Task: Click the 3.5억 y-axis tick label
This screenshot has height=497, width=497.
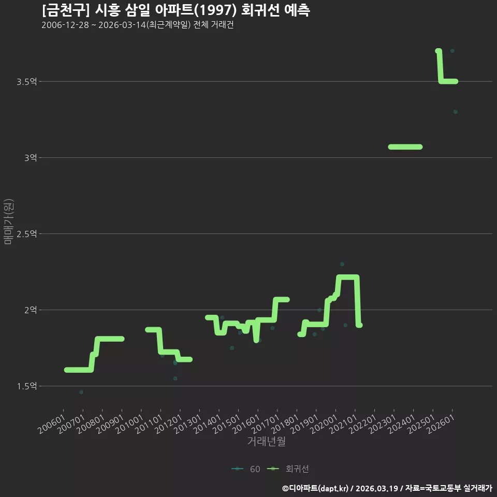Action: click(x=26, y=82)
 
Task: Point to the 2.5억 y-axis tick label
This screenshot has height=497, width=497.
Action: click(x=26, y=234)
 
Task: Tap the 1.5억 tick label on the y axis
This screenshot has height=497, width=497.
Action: click(x=26, y=386)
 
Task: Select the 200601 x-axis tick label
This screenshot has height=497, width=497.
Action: click(x=52, y=425)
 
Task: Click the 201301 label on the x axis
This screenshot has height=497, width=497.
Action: click(x=188, y=425)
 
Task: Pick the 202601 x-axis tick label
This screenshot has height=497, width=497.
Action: click(x=441, y=425)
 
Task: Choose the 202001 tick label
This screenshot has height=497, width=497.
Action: click(x=324, y=425)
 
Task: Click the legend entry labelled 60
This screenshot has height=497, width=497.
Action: click(x=246, y=469)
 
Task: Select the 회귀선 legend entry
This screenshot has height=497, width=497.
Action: click(x=288, y=469)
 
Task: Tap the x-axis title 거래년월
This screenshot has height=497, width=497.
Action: click(x=266, y=441)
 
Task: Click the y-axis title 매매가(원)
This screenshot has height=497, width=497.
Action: click(x=8, y=222)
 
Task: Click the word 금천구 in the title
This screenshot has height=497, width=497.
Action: click(x=66, y=10)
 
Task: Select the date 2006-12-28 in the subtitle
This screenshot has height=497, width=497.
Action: click(x=65, y=25)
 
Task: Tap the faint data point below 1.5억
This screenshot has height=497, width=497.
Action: click(x=81, y=392)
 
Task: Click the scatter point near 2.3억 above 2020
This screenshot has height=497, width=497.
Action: click(x=342, y=264)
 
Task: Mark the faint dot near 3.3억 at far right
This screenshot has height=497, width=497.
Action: click(x=456, y=112)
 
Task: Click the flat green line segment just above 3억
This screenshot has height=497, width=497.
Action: click(x=405, y=147)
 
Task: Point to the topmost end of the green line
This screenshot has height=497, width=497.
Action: click(x=438, y=51)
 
